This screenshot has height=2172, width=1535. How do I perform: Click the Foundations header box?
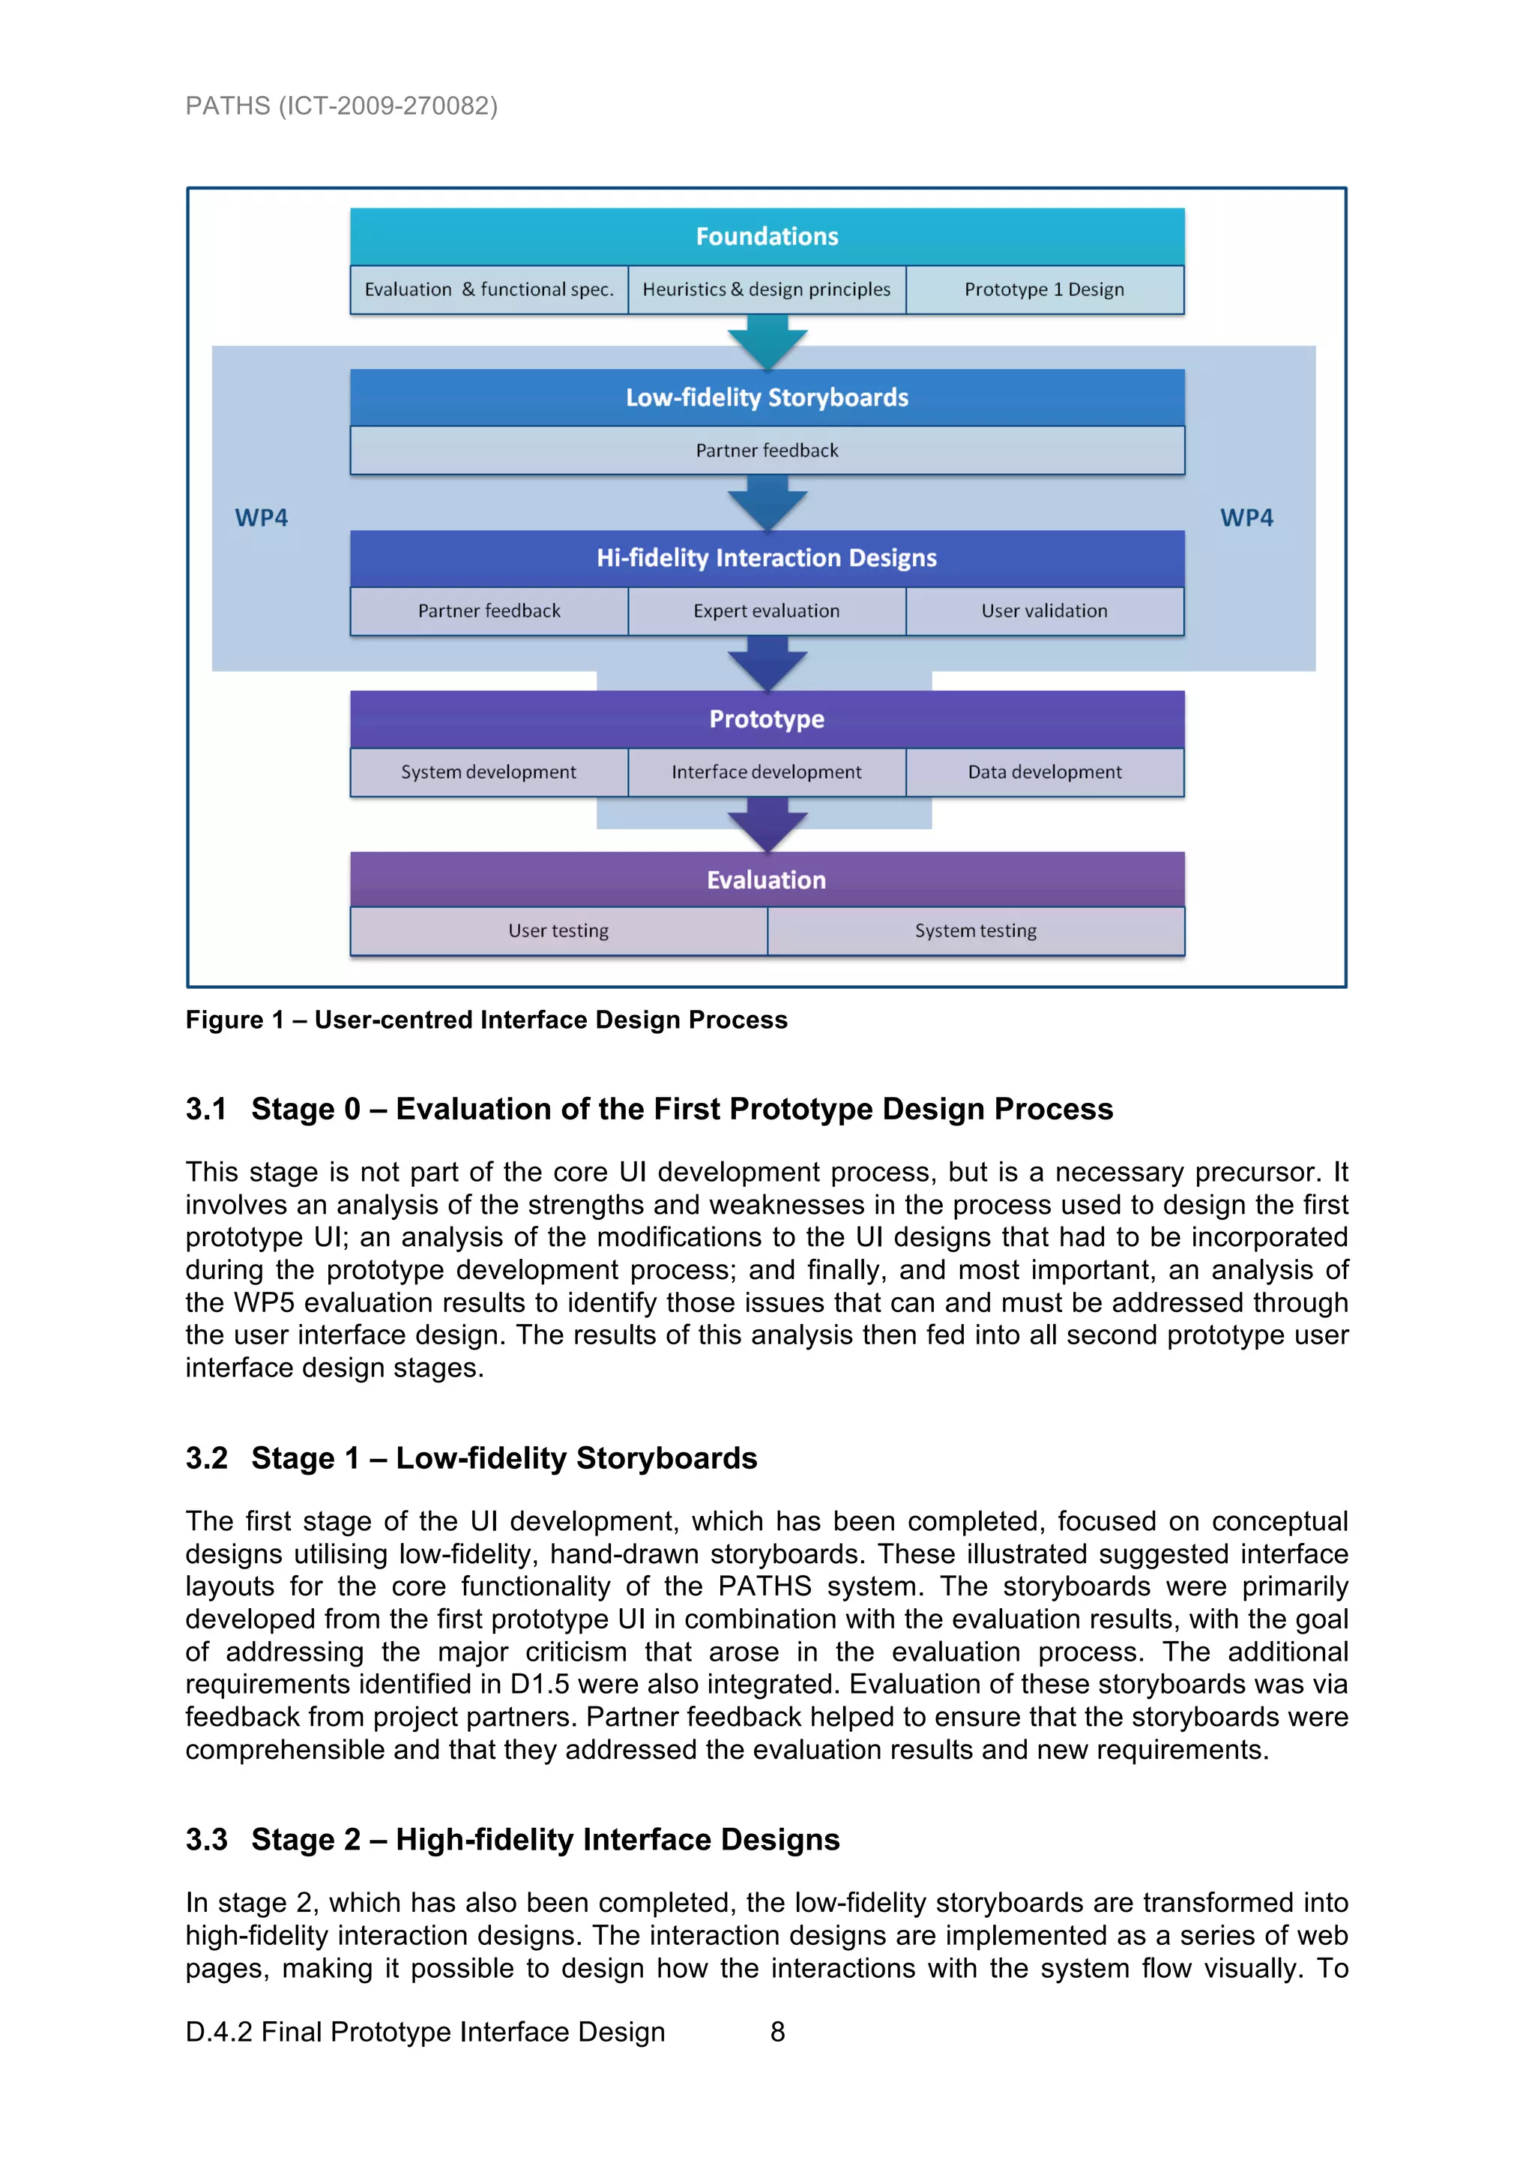tap(767, 236)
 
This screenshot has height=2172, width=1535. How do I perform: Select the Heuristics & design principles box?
tap(767, 289)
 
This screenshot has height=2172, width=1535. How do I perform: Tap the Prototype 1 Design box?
tap(1044, 289)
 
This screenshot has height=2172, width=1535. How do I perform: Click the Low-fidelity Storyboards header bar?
tap(767, 397)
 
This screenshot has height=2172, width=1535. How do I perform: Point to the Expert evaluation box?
tap(767, 611)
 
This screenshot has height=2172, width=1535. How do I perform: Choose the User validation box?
tap(1044, 611)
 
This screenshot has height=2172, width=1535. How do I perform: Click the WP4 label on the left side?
tap(261, 517)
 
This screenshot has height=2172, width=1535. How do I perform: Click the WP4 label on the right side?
tap(1246, 517)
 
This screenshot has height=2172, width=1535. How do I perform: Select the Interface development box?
tap(767, 772)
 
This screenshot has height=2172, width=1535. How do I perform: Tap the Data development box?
tap(1044, 772)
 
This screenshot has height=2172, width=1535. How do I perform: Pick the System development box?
tap(489, 772)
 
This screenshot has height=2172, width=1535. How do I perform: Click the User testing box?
tap(559, 931)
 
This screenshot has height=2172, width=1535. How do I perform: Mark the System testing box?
tap(976, 931)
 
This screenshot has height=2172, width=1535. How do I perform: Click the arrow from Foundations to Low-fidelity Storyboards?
tap(767, 341)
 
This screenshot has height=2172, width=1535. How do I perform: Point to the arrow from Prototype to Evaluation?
tap(767, 824)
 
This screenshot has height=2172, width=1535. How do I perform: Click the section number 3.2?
tap(206, 1457)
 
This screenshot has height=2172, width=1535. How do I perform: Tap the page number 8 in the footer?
tap(777, 2032)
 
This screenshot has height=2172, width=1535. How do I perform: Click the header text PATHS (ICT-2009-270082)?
tap(342, 105)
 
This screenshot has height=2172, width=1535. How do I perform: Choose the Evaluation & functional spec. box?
tap(489, 289)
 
